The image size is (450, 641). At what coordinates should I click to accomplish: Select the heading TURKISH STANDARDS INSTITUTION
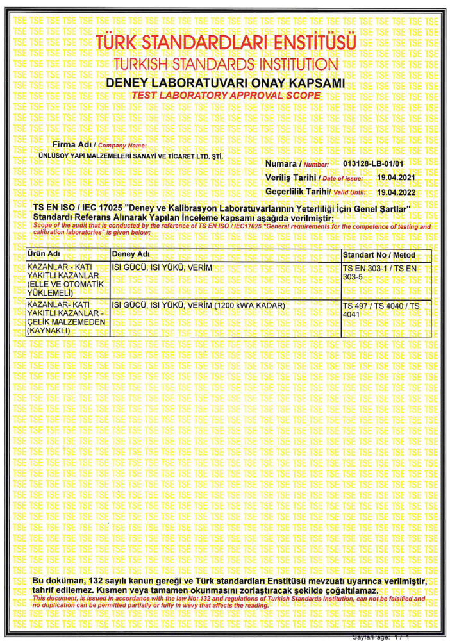(x=224, y=65)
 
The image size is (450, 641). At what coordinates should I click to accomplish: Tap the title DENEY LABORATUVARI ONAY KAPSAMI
(x=225, y=83)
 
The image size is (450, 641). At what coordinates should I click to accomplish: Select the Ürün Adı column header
(x=44, y=255)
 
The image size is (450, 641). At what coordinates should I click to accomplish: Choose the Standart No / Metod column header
(x=379, y=255)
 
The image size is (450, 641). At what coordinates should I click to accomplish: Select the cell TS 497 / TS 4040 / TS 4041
(x=381, y=310)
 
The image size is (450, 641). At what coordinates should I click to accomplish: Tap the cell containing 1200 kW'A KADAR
(x=198, y=306)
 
